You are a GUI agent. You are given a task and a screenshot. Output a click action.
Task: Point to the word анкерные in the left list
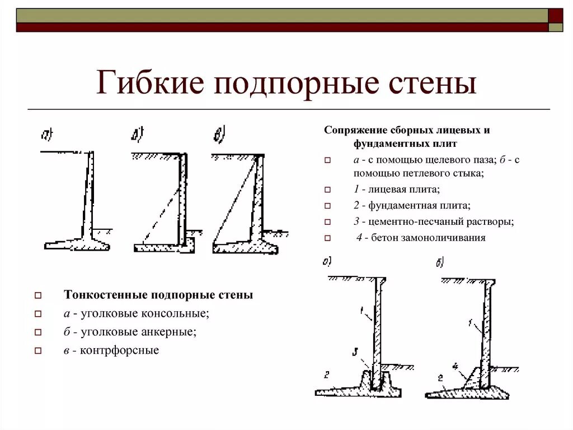click(168, 332)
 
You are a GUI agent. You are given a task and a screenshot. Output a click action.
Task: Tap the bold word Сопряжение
click(354, 130)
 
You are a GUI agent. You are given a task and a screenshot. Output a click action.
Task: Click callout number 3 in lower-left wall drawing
click(354, 352)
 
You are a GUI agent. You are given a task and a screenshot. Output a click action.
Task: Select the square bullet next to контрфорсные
click(38, 352)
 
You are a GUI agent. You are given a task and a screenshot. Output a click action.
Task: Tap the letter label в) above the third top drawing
click(219, 135)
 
